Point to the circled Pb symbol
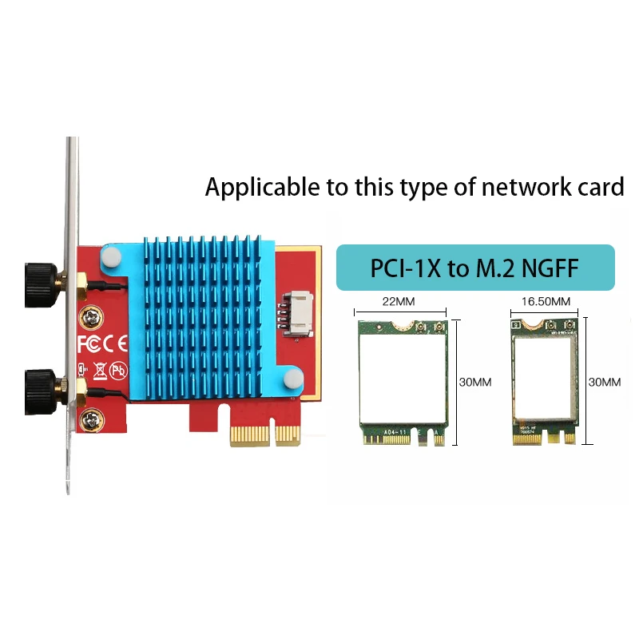click(x=117, y=370)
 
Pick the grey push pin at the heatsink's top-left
click(x=111, y=257)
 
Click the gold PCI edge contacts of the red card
click(x=263, y=435)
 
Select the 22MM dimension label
click(x=400, y=301)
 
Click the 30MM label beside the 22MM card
click(x=475, y=382)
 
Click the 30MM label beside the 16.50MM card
click(x=604, y=382)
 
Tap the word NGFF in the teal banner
click(x=550, y=268)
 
